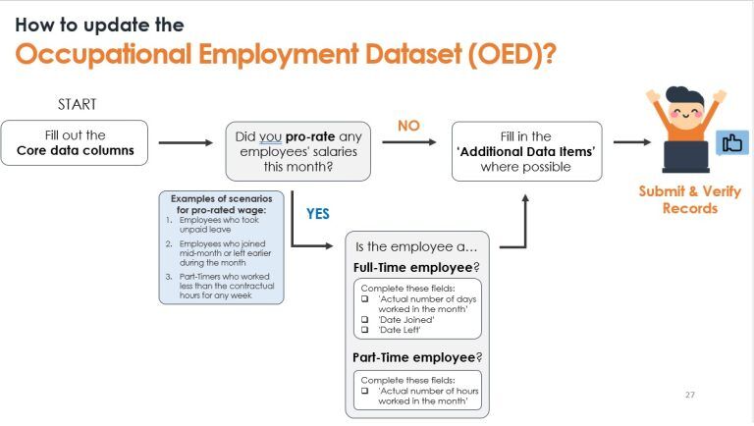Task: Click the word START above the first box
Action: tap(77, 104)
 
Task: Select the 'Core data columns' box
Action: tap(75, 143)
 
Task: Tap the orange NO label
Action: tap(409, 126)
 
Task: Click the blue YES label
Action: tap(318, 213)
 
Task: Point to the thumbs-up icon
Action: tap(731, 143)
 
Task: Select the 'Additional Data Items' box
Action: tap(526, 151)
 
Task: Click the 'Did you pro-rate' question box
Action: tap(298, 151)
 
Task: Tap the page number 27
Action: tap(688, 395)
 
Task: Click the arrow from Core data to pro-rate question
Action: tap(187, 143)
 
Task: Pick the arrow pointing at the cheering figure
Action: tap(631, 142)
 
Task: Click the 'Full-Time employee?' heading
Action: tap(416, 267)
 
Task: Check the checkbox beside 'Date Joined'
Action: tap(364, 320)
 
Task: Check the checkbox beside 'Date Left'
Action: tap(364, 330)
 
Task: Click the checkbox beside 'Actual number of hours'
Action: tap(364, 391)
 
